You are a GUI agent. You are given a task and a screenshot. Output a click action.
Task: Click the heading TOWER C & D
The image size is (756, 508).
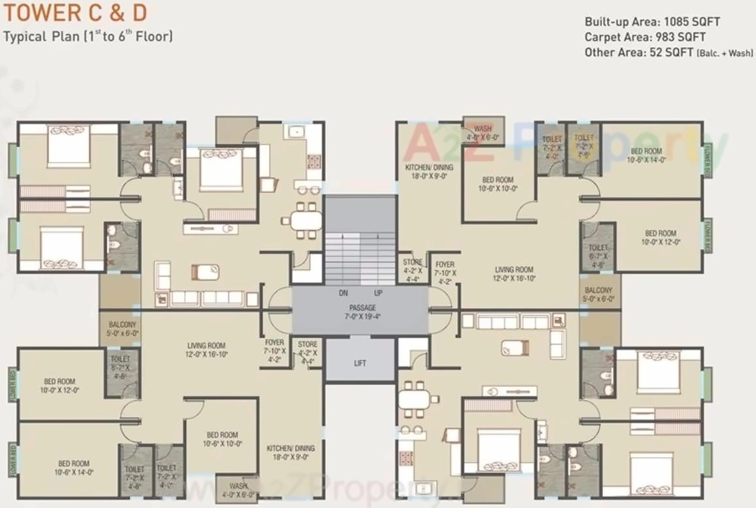76,12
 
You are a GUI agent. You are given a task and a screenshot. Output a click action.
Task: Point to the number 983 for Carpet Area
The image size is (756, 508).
668,37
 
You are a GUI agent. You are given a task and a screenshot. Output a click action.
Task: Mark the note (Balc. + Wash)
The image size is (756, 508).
725,54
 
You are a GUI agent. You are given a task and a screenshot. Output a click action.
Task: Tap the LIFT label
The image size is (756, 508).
360,363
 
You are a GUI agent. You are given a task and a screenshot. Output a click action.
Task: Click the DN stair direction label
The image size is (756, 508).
343,293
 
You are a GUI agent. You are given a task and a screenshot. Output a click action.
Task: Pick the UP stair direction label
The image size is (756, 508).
378,293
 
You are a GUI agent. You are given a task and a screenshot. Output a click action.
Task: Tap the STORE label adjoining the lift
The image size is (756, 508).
307,344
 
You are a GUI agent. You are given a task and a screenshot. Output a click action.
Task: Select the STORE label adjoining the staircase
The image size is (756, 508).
413,262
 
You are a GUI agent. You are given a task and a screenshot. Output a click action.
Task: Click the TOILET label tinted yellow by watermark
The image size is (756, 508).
583,138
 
